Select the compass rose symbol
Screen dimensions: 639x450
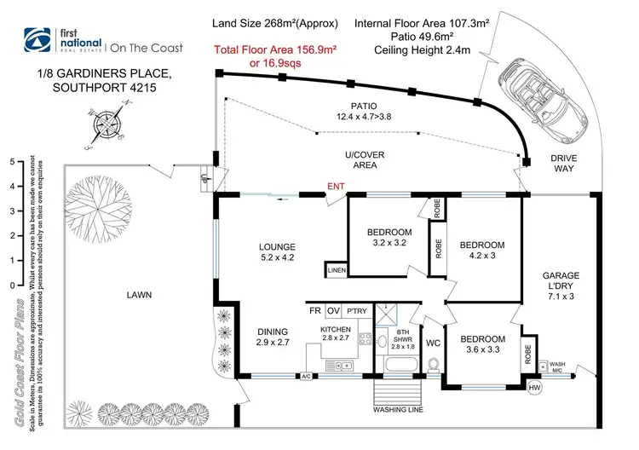click(x=108, y=124)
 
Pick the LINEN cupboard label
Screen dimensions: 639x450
click(x=337, y=271)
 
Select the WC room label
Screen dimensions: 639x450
click(x=434, y=345)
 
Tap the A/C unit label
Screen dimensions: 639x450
click(x=306, y=376)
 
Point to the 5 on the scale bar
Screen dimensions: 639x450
click(x=11, y=161)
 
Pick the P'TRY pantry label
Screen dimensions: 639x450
click(x=357, y=311)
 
